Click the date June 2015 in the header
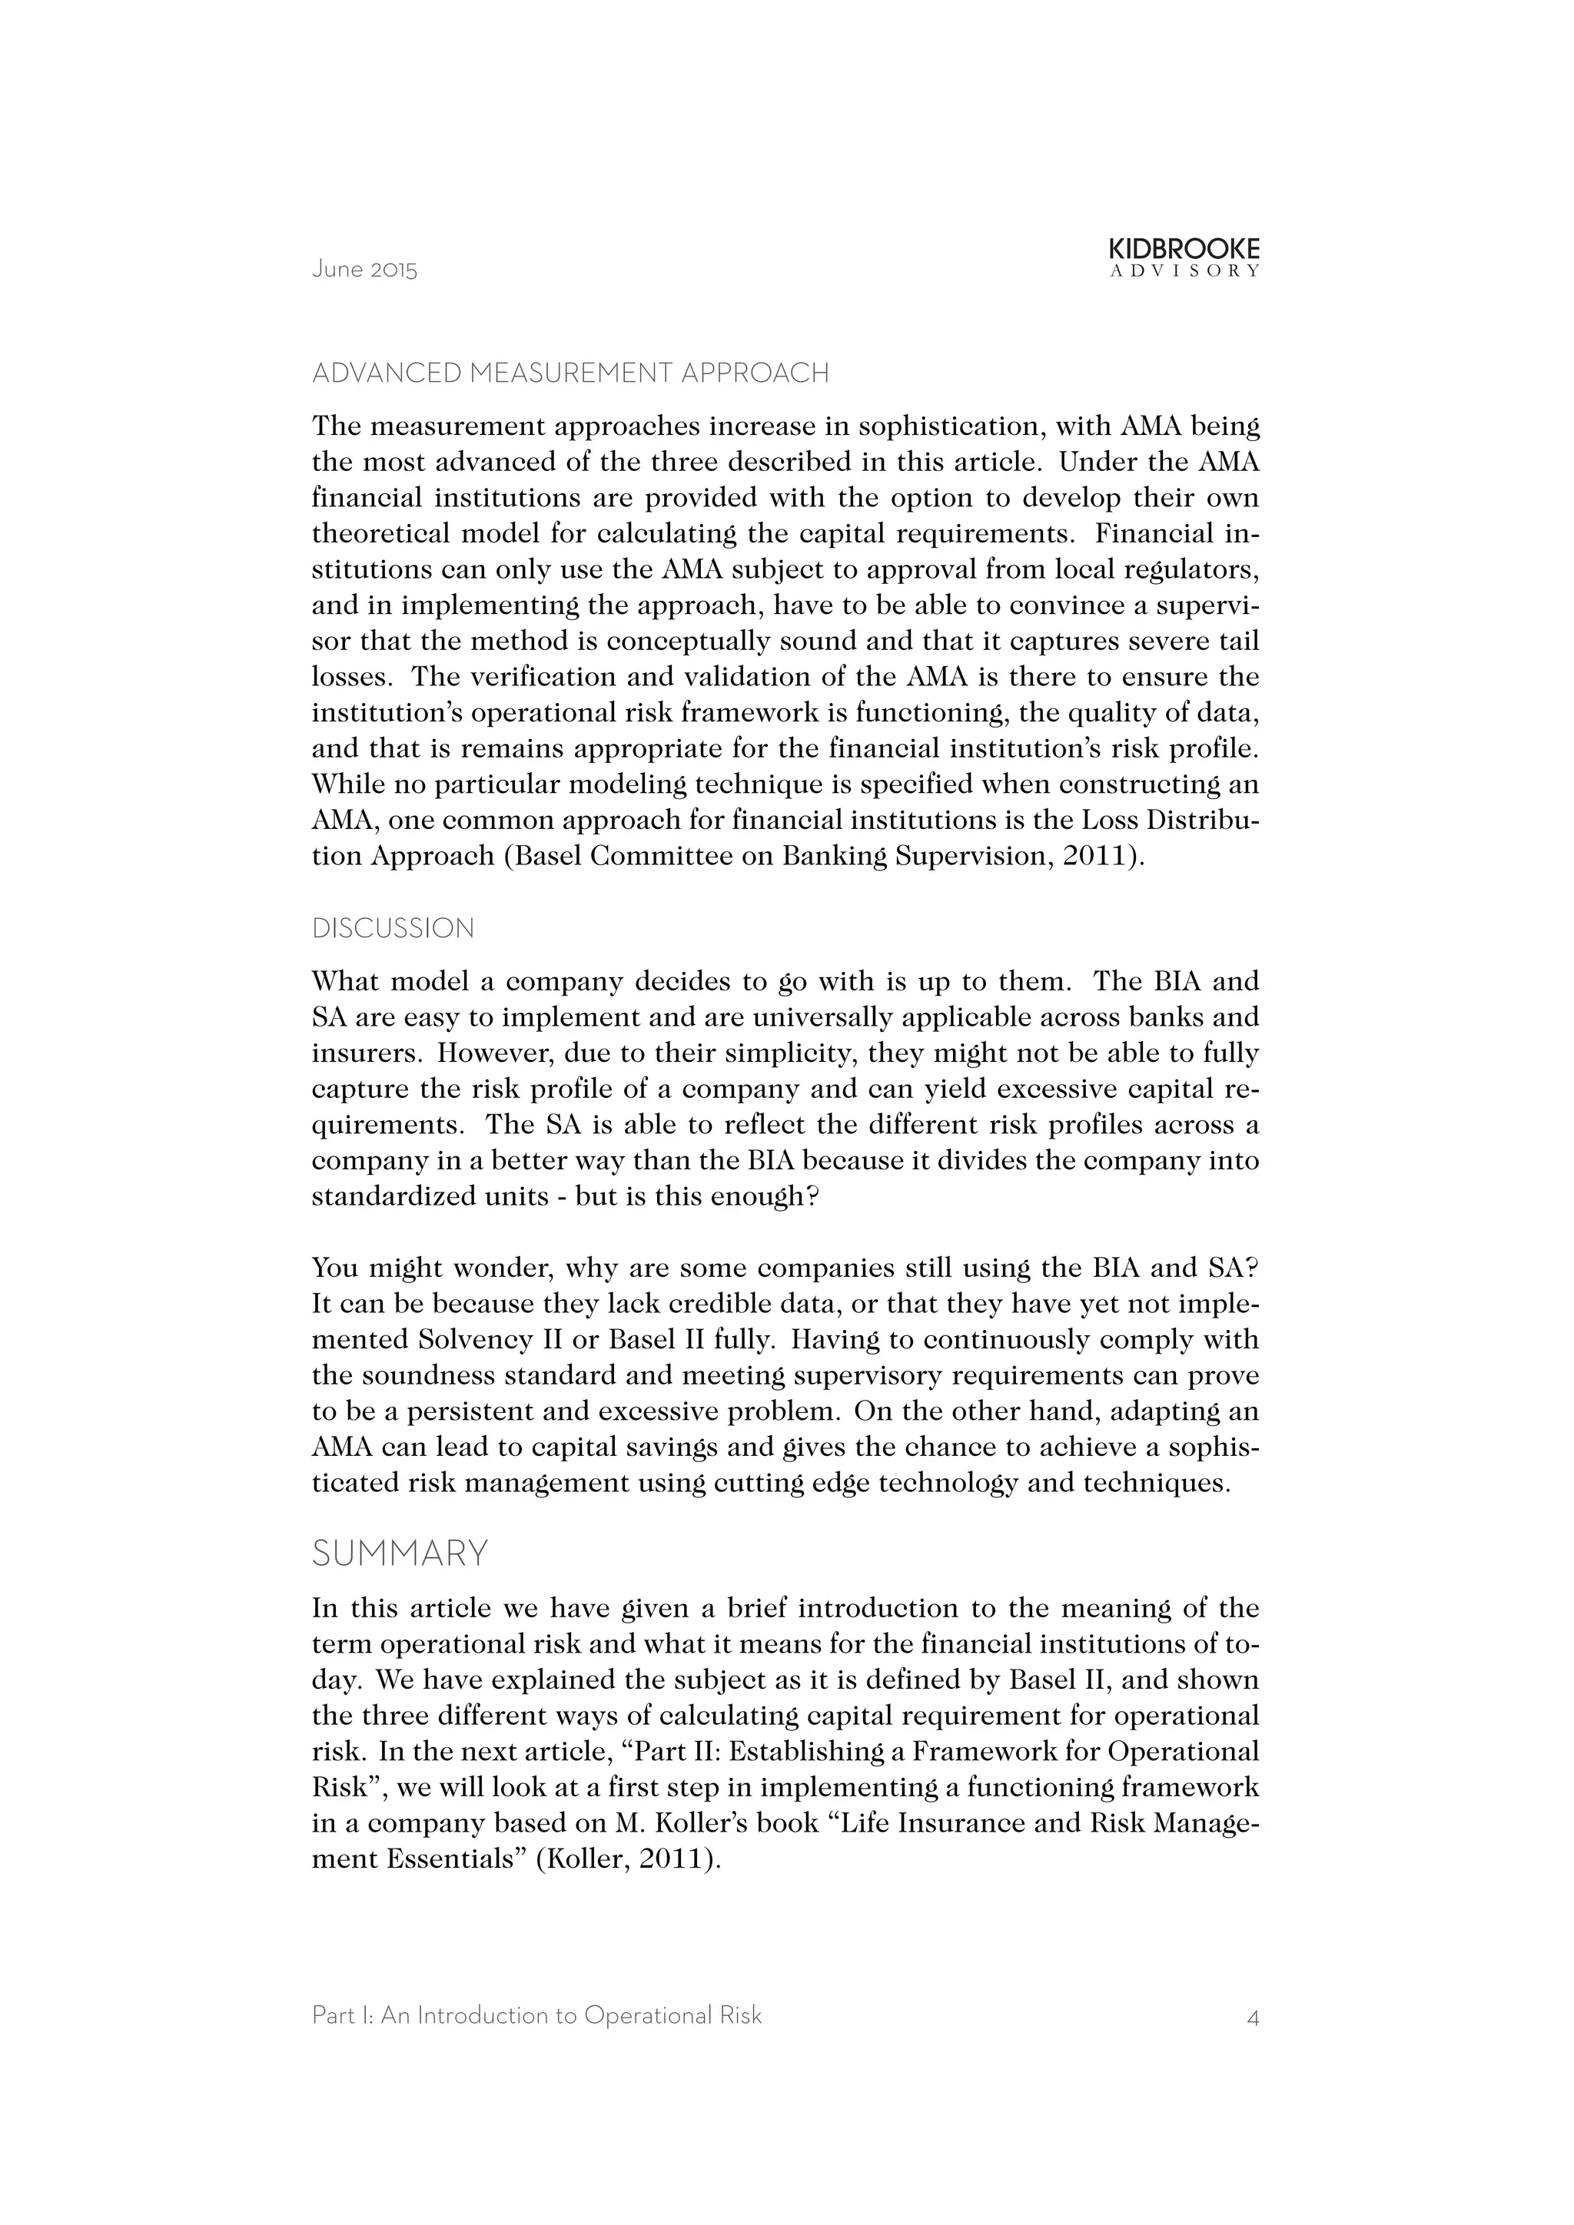364,270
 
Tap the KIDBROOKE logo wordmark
1184,250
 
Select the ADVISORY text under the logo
1184,272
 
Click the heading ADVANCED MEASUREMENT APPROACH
570,373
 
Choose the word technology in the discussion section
947,1484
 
